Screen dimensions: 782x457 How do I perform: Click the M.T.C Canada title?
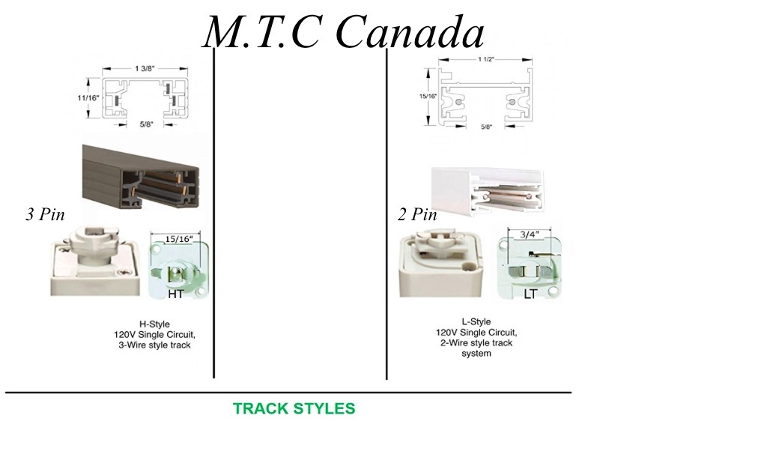tap(343, 31)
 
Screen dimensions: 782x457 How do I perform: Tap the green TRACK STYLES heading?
tap(294, 408)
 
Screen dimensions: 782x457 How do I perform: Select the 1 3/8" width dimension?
tap(145, 69)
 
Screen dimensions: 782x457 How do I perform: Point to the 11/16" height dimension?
tap(88, 98)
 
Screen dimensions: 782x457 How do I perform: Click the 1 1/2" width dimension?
tap(486, 59)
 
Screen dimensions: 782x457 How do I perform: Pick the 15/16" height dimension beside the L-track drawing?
tap(428, 96)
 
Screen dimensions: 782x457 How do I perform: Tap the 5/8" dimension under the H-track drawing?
tap(146, 124)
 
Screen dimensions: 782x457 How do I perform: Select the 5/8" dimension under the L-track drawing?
tap(486, 127)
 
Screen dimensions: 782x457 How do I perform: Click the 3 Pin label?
tap(46, 214)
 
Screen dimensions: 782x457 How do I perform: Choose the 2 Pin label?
tap(417, 214)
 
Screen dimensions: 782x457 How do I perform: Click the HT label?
tap(175, 294)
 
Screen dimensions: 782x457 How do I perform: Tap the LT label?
tap(530, 294)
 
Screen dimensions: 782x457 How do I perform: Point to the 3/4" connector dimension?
tap(529, 234)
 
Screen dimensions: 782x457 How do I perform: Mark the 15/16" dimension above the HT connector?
tap(178, 239)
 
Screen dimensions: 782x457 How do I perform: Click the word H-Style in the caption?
tap(154, 324)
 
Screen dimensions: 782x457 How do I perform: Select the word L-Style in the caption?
tap(476, 322)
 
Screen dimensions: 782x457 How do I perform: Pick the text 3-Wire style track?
tap(154, 345)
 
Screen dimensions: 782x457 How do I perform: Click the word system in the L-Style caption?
tap(476, 354)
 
